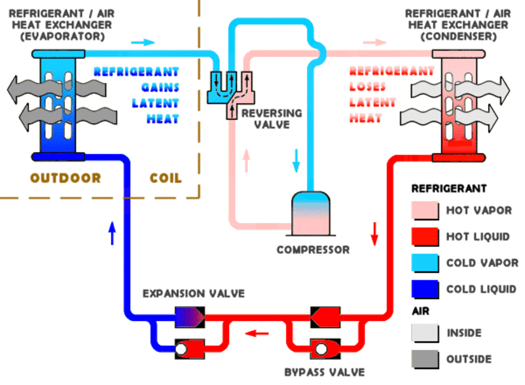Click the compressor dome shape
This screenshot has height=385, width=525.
[311, 213]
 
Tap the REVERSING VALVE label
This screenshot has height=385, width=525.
[271, 119]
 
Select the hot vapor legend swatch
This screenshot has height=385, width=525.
[425, 211]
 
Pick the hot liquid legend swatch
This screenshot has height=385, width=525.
[425, 237]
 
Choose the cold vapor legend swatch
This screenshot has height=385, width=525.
[425, 263]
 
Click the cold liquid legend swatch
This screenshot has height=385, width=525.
[425, 289]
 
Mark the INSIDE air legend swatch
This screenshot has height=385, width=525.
[425, 333]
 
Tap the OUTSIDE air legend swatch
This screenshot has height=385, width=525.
[425, 359]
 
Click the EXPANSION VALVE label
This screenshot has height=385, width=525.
[193, 293]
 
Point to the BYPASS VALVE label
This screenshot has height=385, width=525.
[324, 372]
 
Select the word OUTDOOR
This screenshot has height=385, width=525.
[65, 178]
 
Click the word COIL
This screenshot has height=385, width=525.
[166, 178]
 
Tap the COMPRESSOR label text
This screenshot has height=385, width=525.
[313, 249]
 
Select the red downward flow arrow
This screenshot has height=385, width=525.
[374, 233]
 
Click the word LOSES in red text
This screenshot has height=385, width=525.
[367, 87]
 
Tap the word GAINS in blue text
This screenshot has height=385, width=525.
[160, 87]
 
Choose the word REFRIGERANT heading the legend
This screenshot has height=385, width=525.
[449, 189]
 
